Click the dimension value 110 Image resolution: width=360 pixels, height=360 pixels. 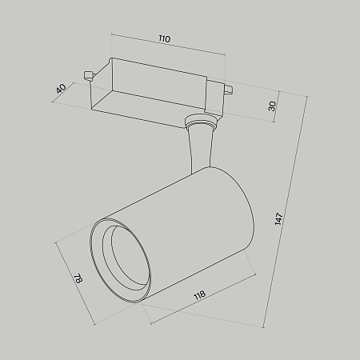point(164,38)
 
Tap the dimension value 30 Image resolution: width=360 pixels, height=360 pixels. point(272,106)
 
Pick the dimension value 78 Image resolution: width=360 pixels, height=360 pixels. point(78,280)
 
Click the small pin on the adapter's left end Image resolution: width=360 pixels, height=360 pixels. point(88,77)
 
